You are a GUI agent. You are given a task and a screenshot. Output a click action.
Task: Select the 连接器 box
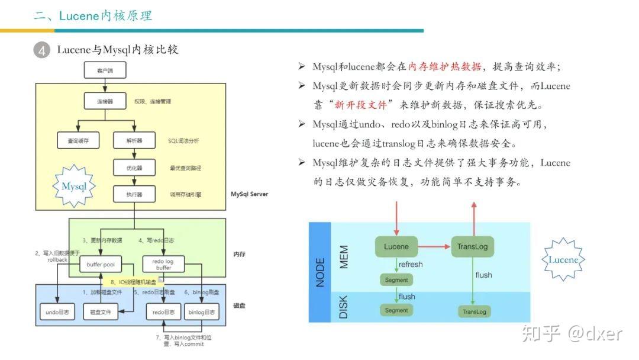pyautogui.click(x=105, y=101)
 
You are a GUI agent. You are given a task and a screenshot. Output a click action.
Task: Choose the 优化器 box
pyautogui.click(x=134, y=168)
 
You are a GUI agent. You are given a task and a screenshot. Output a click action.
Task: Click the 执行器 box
pyautogui.click(x=134, y=194)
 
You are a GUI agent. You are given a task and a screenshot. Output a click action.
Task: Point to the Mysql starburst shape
pyautogui.click(x=74, y=187)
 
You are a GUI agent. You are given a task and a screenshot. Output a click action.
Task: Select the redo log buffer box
pyautogui.click(x=163, y=265)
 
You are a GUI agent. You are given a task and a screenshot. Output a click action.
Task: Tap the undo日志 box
pyautogui.click(x=57, y=311)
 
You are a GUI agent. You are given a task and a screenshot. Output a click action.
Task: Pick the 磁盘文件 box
pyautogui.click(x=100, y=311)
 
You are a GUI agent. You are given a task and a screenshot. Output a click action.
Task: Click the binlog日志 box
pyautogui.click(x=202, y=311)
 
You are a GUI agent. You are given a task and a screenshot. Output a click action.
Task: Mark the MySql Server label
pyautogui.click(x=249, y=194)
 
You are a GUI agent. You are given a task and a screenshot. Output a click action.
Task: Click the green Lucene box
pyautogui.click(x=396, y=246)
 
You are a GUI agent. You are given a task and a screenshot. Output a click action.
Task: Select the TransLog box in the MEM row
pyautogui.click(x=472, y=246)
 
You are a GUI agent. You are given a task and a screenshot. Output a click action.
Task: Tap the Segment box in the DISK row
pyautogui.click(x=396, y=310)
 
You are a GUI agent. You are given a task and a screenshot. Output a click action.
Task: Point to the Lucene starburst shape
pyautogui.click(x=563, y=259)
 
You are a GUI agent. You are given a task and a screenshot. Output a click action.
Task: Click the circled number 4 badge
pyautogui.click(x=41, y=50)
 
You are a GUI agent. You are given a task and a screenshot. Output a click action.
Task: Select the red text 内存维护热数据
pyautogui.click(x=444, y=66)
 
